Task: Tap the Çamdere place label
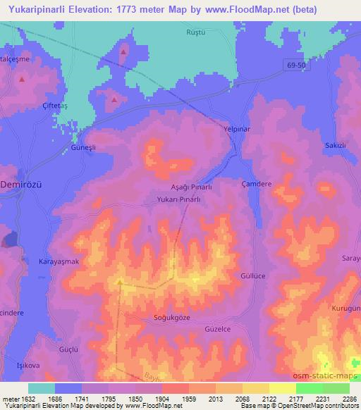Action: pyautogui.click(x=256, y=182)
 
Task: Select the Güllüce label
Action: pyautogui.click(x=253, y=276)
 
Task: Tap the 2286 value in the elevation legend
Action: pyautogui.click(x=349, y=398)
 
